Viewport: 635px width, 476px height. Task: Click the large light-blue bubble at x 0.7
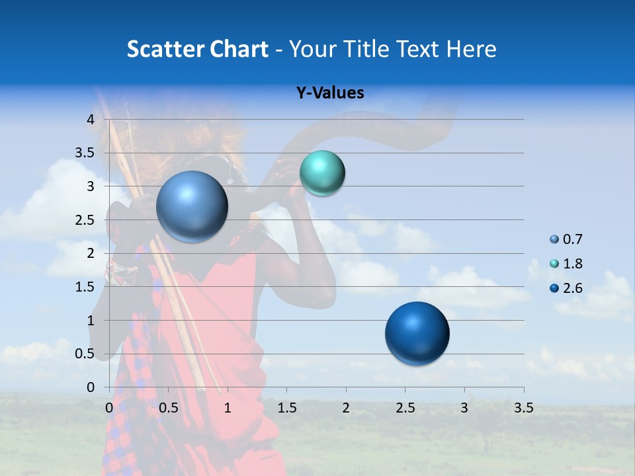click(x=192, y=206)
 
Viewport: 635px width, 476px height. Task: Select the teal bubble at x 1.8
click(x=322, y=173)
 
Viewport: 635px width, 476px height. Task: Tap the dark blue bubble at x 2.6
click(x=417, y=333)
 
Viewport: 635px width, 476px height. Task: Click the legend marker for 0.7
click(x=554, y=239)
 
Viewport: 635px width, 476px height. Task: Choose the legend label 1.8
click(x=572, y=264)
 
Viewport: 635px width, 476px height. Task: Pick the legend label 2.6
click(x=572, y=288)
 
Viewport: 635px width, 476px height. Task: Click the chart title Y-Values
click(x=329, y=93)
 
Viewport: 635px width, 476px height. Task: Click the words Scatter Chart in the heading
click(x=197, y=49)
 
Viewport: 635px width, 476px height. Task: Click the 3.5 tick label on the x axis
click(x=523, y=408)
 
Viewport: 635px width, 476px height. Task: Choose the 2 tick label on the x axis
click(x=346, y=408)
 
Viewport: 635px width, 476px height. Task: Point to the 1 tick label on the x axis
click(x=228, y=408)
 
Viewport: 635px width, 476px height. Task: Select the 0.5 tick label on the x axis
click(x=169, y=408)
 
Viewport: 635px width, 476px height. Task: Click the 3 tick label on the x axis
click(x=464, y=408)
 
